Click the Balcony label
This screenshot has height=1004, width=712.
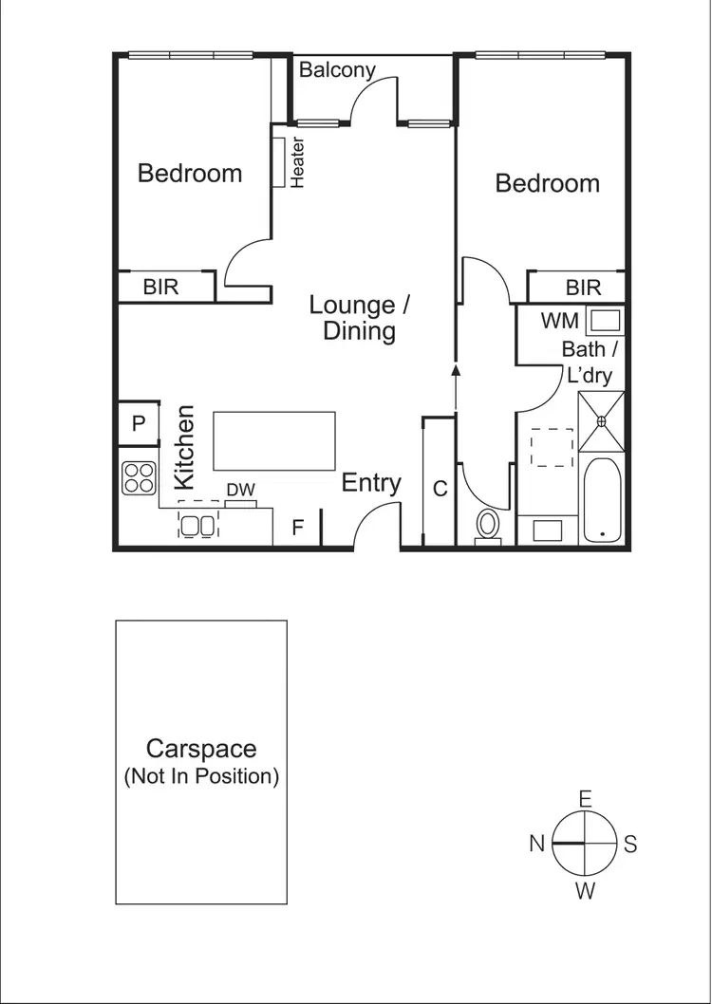point(337,70)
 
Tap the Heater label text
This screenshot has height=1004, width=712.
point(297,163)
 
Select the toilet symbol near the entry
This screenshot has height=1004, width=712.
point(488,525)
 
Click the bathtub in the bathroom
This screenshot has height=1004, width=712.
point(602,500)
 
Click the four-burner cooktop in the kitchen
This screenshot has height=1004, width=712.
point(139,477)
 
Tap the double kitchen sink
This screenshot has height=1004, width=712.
point(197,525)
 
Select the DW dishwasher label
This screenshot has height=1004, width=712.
point(240,490)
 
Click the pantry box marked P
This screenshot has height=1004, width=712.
point(139,424)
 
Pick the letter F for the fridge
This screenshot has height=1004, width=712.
point(297,528)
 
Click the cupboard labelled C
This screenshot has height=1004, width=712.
point(440,489)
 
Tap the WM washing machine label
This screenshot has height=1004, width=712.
point(559,321)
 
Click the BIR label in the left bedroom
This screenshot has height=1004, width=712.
point(160,287)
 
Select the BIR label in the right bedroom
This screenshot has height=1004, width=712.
point(583,288)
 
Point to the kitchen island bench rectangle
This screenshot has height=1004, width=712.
point(274,440)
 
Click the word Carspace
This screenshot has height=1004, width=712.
point(200,749)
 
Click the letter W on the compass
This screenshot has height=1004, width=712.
point(585,890)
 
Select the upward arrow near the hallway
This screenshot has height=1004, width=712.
point(456,373)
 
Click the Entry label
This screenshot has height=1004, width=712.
point(371,483)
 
